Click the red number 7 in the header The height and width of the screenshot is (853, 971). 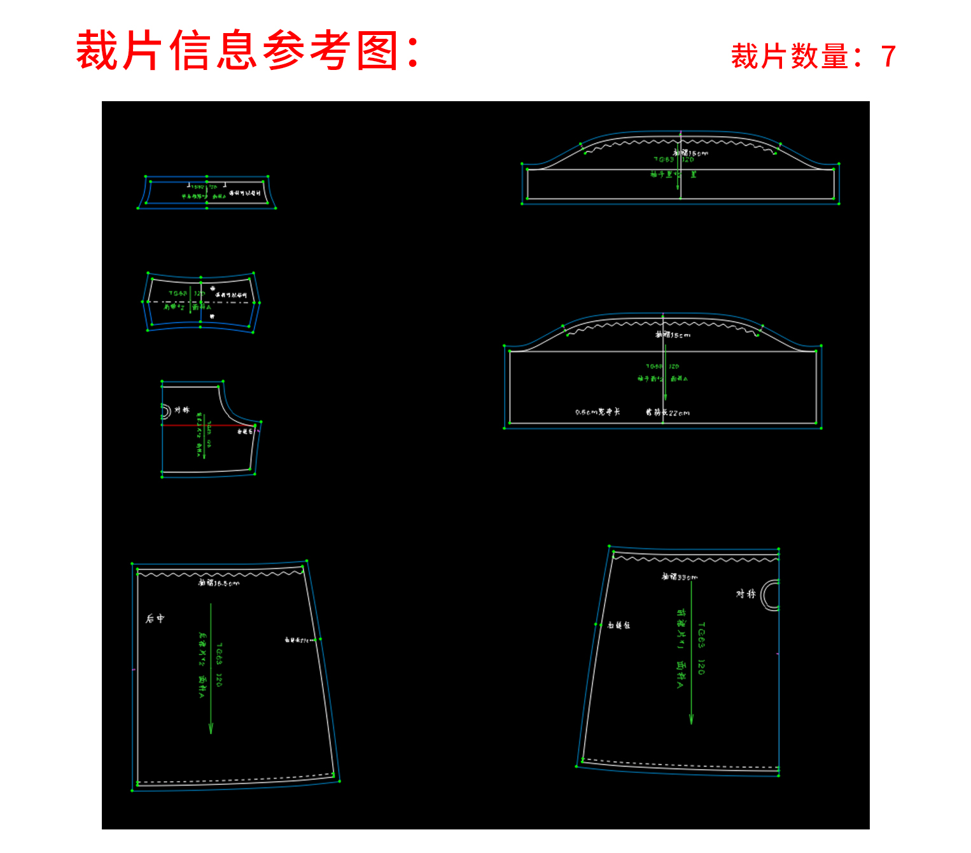point(888,57)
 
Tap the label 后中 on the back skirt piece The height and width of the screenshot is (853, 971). point(155,618)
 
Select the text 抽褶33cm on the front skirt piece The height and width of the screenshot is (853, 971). point(680,577)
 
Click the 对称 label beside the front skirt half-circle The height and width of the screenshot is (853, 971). point(746,593)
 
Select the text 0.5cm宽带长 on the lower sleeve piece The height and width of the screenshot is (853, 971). point(597,412)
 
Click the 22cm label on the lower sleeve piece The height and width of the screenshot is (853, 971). point(679,413)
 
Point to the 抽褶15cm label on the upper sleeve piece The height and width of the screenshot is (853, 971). point(690,153)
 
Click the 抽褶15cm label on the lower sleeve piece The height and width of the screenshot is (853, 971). point(673,335)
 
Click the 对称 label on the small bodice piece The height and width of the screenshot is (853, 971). point(182,410)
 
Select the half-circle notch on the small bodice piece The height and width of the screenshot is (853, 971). point(165,412)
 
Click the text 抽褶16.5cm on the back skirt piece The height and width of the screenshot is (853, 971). point(219,583)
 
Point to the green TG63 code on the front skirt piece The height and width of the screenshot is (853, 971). point(701,635)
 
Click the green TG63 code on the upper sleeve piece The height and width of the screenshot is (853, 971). point(664,160)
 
